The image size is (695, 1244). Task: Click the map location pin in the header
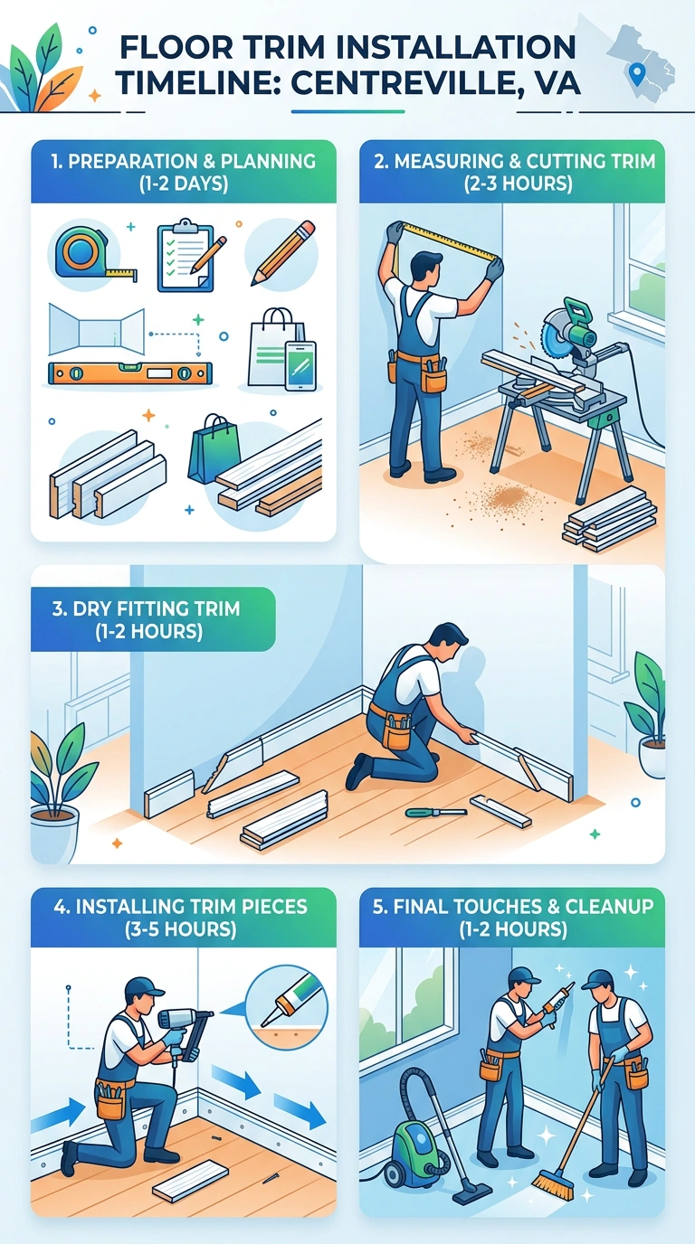636,73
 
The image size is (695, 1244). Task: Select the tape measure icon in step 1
94,253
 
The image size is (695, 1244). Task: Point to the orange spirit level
130,373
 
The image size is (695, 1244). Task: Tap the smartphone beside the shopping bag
300,365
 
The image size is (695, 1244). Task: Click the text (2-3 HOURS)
519,184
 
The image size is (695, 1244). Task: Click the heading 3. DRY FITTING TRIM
146,608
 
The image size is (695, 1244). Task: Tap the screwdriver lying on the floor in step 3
436,813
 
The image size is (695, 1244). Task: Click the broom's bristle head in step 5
554,1185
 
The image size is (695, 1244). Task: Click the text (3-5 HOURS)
181,928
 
